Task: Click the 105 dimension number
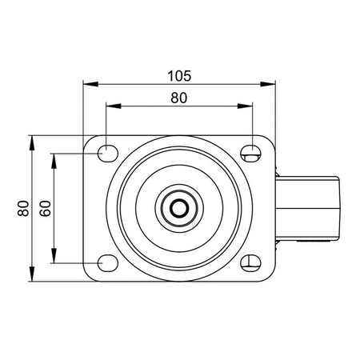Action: [179, 76]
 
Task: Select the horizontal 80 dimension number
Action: [179, 98]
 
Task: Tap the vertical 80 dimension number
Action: [23, 208]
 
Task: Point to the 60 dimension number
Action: [46, 208]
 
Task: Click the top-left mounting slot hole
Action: [108, 154]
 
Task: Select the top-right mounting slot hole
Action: [250, 154]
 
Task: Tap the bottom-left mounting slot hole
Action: [108, 263]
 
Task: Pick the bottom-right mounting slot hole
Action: [250, 263]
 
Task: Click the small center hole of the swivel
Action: [179, 208]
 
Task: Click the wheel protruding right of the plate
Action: [307, 208]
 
